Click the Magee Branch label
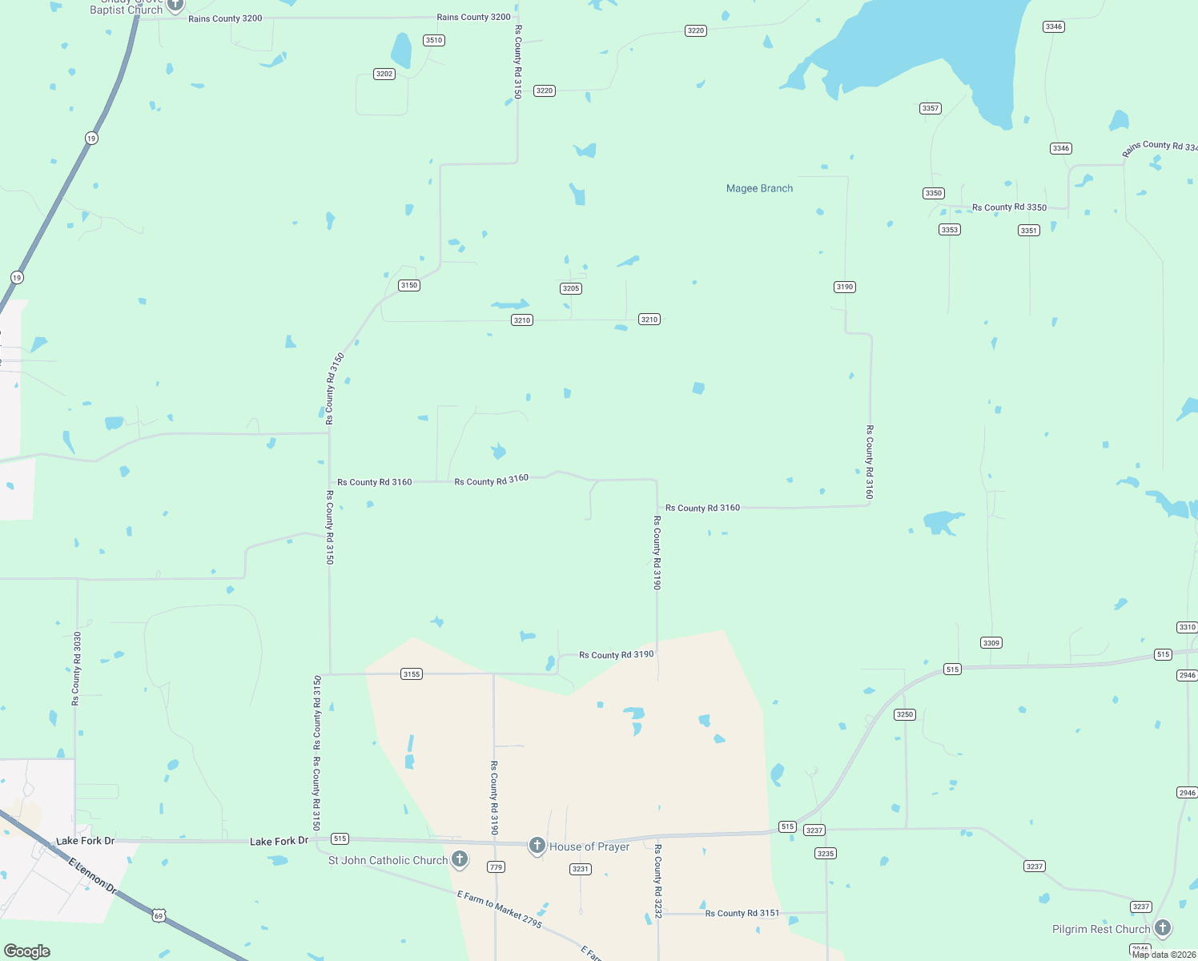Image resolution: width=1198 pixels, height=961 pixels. click(759, 188)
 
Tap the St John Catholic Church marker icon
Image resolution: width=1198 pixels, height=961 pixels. click(459, 859)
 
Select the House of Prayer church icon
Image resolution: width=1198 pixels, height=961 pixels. click(537, 845)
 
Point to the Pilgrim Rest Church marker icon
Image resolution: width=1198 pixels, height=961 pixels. click(1162, 927)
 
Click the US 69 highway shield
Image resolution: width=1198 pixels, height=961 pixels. click(159, 915)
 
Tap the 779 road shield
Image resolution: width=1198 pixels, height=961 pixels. click(496, 867)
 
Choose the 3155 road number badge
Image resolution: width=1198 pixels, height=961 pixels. click(412, 674)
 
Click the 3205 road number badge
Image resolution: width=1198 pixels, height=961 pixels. click(571, 288)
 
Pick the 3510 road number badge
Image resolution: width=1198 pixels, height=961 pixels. click(434, 40)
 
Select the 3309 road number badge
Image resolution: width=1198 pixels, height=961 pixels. click(991, 643)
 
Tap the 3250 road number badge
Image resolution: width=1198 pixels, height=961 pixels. click(905, 714)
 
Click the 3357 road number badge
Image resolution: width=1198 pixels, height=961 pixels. click(931, 108)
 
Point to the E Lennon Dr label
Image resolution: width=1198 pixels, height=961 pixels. click(93, 877)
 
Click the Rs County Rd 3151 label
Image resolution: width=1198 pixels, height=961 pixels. click(742, 913)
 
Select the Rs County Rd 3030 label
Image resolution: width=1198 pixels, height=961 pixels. click(77, 669)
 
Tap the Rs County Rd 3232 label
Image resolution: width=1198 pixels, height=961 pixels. click(658, 881)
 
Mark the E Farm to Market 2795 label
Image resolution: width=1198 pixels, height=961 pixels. click(500, 909)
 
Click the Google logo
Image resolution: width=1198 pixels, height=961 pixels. click(27, 951)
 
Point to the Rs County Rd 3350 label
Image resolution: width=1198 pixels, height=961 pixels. click(1009, 207)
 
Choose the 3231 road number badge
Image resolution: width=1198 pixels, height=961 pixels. click(581, 869)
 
